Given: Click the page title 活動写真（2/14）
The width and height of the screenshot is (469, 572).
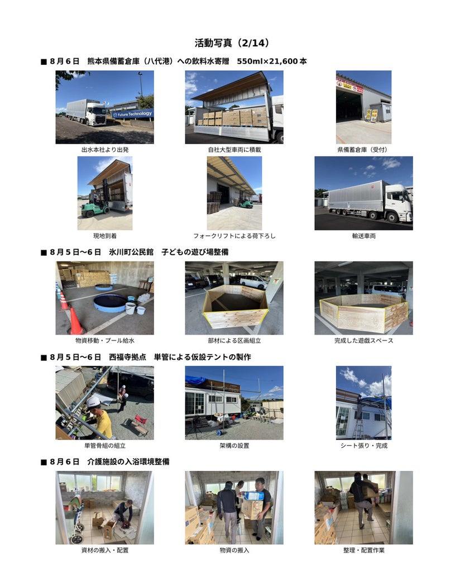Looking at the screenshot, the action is click(232, 43).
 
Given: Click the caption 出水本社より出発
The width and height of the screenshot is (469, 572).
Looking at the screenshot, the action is click(104, 150).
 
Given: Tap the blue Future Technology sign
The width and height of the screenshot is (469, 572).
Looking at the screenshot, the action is click(132, 114).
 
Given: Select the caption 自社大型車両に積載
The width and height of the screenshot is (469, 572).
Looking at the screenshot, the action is click(234, 150).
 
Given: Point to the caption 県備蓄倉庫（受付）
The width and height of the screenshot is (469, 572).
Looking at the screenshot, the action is click(363, 150).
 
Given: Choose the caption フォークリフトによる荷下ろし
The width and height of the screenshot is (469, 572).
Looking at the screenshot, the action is click(234, 236).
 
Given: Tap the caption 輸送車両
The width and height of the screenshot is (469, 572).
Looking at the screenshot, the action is click(363, 236).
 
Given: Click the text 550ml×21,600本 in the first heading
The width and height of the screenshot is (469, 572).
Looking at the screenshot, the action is click(272, 61).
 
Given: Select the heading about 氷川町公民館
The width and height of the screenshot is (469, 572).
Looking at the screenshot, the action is click(135, 252).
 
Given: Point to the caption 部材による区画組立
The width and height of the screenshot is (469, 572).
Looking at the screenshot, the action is click(234, 341).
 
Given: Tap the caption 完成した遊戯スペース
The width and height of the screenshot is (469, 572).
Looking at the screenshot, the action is click(363, 341).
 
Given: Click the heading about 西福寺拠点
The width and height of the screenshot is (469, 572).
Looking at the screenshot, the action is click(146, 357).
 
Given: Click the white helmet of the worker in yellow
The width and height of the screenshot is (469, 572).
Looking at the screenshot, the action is click(93, 402).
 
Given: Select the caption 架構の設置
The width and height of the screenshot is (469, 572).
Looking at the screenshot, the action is click(234, 445).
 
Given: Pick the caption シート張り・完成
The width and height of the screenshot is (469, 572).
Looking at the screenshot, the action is click(363, 445).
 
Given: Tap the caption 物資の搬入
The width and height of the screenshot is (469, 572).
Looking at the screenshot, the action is click(234, 550).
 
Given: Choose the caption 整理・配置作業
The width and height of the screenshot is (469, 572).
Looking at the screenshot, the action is click(363, 550).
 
